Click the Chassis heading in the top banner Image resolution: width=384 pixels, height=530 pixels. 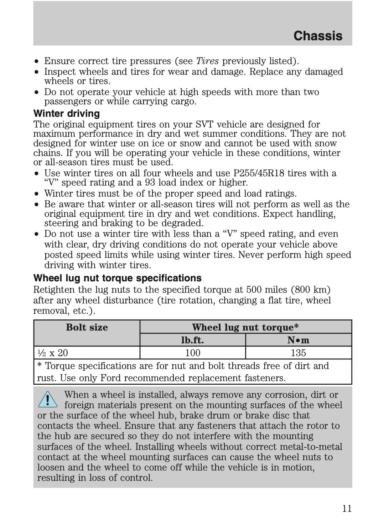pos(318,36)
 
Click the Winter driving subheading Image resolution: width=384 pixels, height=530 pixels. pos(67,114)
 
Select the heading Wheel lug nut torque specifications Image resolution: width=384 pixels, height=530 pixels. pos(117,278)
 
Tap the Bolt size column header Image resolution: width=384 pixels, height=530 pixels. pos(87,327)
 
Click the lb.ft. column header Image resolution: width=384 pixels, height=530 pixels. pos(192,340)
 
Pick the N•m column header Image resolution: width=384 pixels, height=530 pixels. pos(299,340)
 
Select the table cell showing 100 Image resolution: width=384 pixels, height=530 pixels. pos(193,353)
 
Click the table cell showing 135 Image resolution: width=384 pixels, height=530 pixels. pos(299,353)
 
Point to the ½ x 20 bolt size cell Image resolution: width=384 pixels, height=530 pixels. pos(53,353)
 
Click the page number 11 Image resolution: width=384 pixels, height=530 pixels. pos(347,508)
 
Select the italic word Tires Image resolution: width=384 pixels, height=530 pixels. pos(207,61)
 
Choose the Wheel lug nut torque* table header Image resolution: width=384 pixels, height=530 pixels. pos(245,327)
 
